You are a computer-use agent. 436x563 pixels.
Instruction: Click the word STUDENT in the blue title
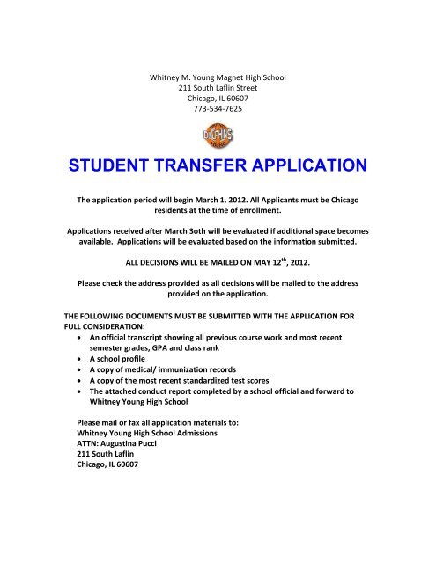click(142, 165)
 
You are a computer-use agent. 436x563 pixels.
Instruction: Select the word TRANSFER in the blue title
click(223, 165)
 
